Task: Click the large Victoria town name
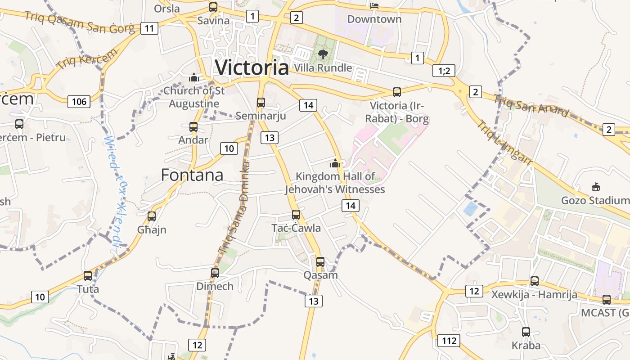[x=252, y=67]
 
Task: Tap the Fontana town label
[x=192, y=175]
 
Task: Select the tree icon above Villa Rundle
[x=323, y=55]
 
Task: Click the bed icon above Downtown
[x=374, y=5]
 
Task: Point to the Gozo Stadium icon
[x=596, y=187]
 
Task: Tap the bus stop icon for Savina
[x=213, y=7]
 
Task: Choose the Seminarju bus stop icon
[x=261, y=102]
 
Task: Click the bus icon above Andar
[x=193, y=127]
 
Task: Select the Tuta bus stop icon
[x=88, y=275]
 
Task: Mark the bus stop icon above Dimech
[x=215, y=273]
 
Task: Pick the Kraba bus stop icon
[x=526, y=332]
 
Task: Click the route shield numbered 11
[x=149, y=29]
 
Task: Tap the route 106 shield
[x=79, y=101]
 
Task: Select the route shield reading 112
[x=449, y=341]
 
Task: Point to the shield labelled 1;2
[x=444, y=70]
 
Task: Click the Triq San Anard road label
[x=531, y=105]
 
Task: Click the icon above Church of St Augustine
[x=194, y=77]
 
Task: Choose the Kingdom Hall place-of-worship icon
[x=335, y=163]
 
